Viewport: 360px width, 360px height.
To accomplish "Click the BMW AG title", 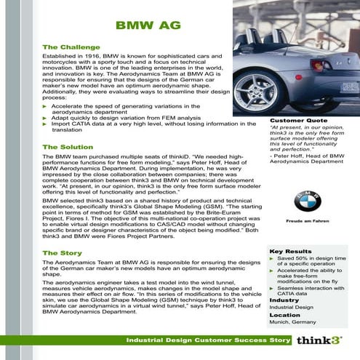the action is (x=144, y=26).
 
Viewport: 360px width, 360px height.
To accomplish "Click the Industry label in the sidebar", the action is (x=284, y=300).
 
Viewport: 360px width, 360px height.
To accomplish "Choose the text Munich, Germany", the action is (x=292, y=321).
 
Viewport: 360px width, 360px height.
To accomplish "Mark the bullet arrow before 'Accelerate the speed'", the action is (x=45, y=106).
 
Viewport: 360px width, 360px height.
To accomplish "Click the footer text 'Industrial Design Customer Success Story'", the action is (x=201, y=340).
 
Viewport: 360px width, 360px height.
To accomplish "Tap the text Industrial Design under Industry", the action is (x=291, y=307).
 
